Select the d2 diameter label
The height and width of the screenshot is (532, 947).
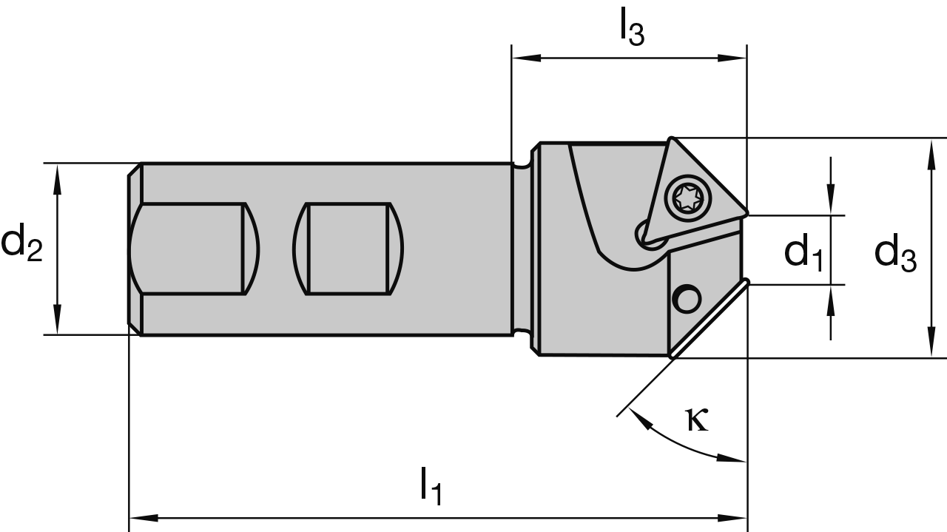point(21,247)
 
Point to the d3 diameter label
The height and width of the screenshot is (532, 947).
point(894,253)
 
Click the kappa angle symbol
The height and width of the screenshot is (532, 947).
point(697,420)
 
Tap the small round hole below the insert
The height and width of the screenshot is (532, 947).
point(685,299)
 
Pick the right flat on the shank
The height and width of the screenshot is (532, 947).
point(348,249)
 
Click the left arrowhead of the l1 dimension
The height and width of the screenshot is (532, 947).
point(141,518)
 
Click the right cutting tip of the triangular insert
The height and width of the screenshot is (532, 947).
point(744,213)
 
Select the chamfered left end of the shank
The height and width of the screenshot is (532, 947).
point(134,249)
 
